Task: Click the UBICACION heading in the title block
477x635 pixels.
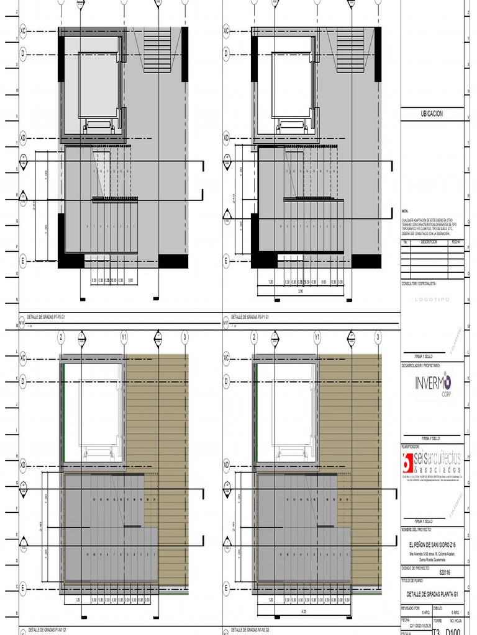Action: pos(432,114)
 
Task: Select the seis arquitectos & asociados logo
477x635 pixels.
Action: pos(432,461)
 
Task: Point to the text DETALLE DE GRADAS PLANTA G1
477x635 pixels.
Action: pos(432,594)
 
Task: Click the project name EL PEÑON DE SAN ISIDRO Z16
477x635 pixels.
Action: pos(432,543)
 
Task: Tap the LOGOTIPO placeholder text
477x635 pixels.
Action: pos(431,299)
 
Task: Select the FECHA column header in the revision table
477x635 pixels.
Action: pos(455,242)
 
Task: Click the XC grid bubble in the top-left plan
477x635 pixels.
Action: pos(24,30)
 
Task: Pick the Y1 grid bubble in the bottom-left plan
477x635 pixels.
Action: pos(124,337)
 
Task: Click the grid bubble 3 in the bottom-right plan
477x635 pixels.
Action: pos(378,337)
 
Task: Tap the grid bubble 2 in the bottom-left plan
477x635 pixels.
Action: pos(61,337)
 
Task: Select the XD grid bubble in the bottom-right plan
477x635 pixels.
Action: pos(227,464)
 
